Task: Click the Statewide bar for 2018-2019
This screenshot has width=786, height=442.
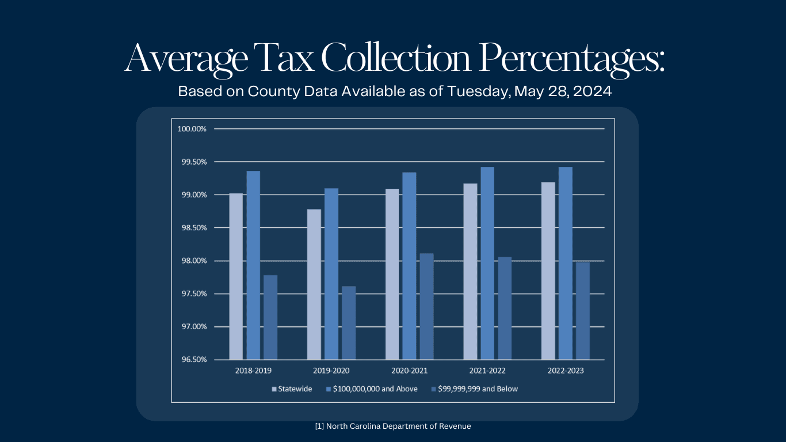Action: [236, 277]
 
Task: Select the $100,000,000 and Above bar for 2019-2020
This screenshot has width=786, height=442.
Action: [331, 274]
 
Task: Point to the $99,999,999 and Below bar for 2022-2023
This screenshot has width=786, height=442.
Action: [583, 311]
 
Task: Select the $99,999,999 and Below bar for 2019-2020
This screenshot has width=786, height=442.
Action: [349, 323]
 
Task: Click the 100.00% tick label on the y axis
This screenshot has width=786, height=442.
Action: [192, 129]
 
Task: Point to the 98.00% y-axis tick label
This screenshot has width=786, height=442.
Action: [192, 261]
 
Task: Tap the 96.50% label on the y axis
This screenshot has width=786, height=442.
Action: [192, 360]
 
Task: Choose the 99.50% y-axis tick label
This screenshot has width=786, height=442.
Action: [192, 162]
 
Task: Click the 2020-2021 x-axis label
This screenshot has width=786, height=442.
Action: [409, 371]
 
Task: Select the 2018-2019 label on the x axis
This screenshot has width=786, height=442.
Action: [253, 371]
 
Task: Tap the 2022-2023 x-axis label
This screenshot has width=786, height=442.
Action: [565, 371]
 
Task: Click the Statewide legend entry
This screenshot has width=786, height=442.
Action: [292, 389]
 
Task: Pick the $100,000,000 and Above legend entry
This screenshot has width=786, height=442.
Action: [372, 389]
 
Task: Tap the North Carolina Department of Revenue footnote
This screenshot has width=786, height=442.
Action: [393, 426]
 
